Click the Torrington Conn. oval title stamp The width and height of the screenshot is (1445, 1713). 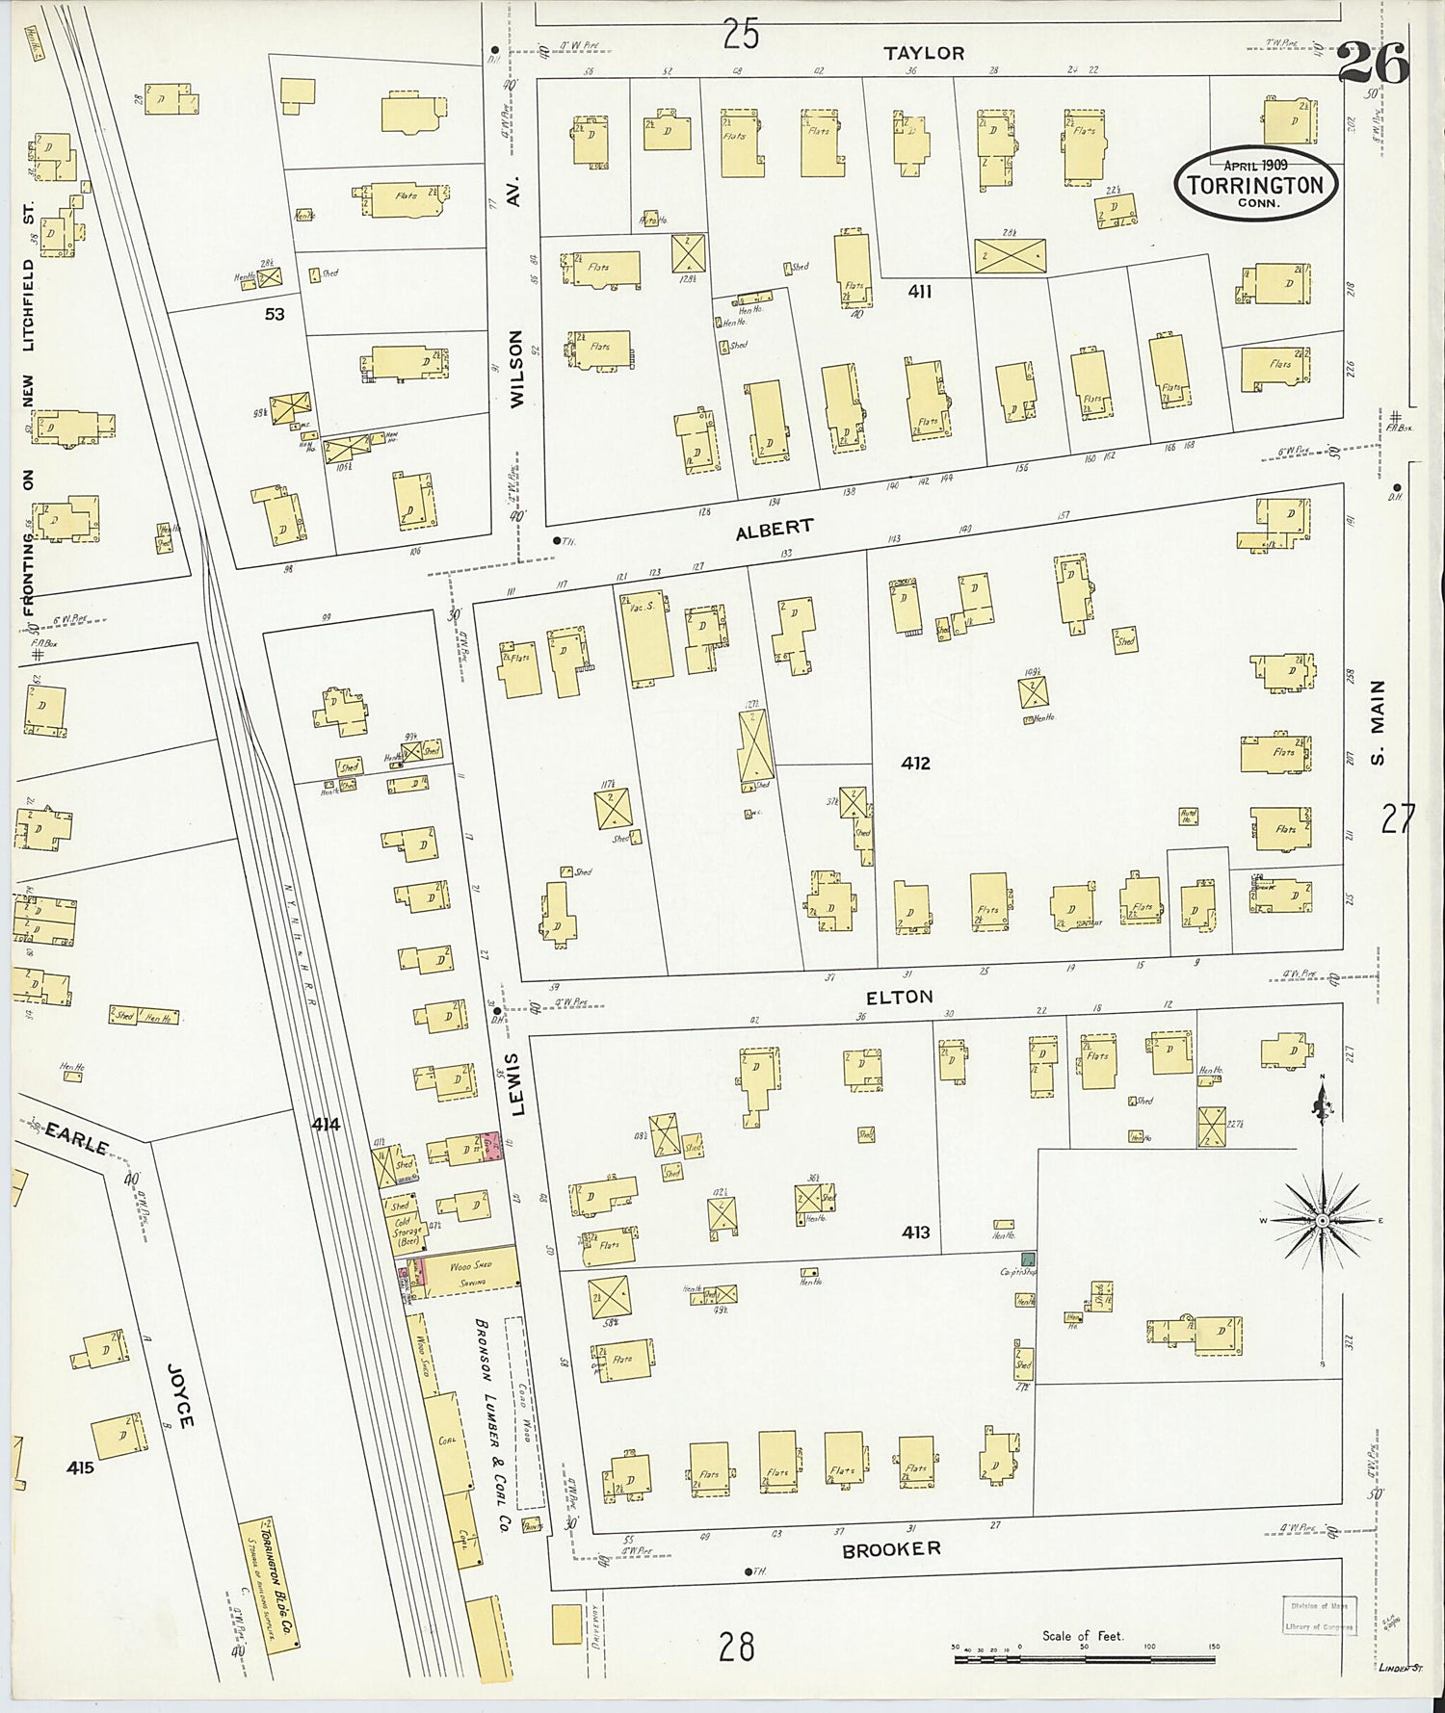[x=1255, y=184]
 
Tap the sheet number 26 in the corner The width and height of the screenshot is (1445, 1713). [x=1373, y=65]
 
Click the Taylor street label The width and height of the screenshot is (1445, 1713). [x=924, y=54]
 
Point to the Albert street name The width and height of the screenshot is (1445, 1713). [x=775, y=530]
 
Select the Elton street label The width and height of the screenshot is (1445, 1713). [x=899, y=998]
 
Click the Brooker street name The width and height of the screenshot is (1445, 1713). [x=890, y=1550]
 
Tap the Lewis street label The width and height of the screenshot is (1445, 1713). [x=515, y=1083]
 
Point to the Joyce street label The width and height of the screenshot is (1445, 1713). [x=181, y=1394]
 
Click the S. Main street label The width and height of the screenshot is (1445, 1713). [x=1378, y=722]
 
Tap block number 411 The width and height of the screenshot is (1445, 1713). [x=919, y=291]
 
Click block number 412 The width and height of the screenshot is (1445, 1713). [x=915, y=764]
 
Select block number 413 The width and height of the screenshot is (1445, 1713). [x=915, y=1232]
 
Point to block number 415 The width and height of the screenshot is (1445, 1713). [x=81, y=1467]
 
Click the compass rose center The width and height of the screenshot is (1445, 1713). [x=1324, y=1220]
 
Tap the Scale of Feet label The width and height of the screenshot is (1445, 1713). [x=1082, y=1636]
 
